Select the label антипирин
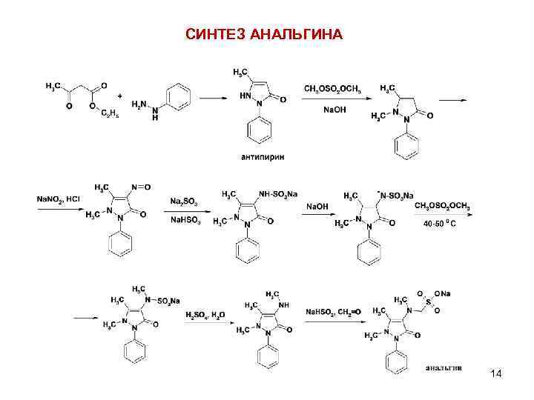point(262,156)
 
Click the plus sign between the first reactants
point(120,95)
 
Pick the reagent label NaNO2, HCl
point(59,199)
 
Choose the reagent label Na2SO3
point(182,201)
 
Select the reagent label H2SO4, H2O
point(205,314)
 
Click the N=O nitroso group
point(141,187)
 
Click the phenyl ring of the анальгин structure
point(399,362)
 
